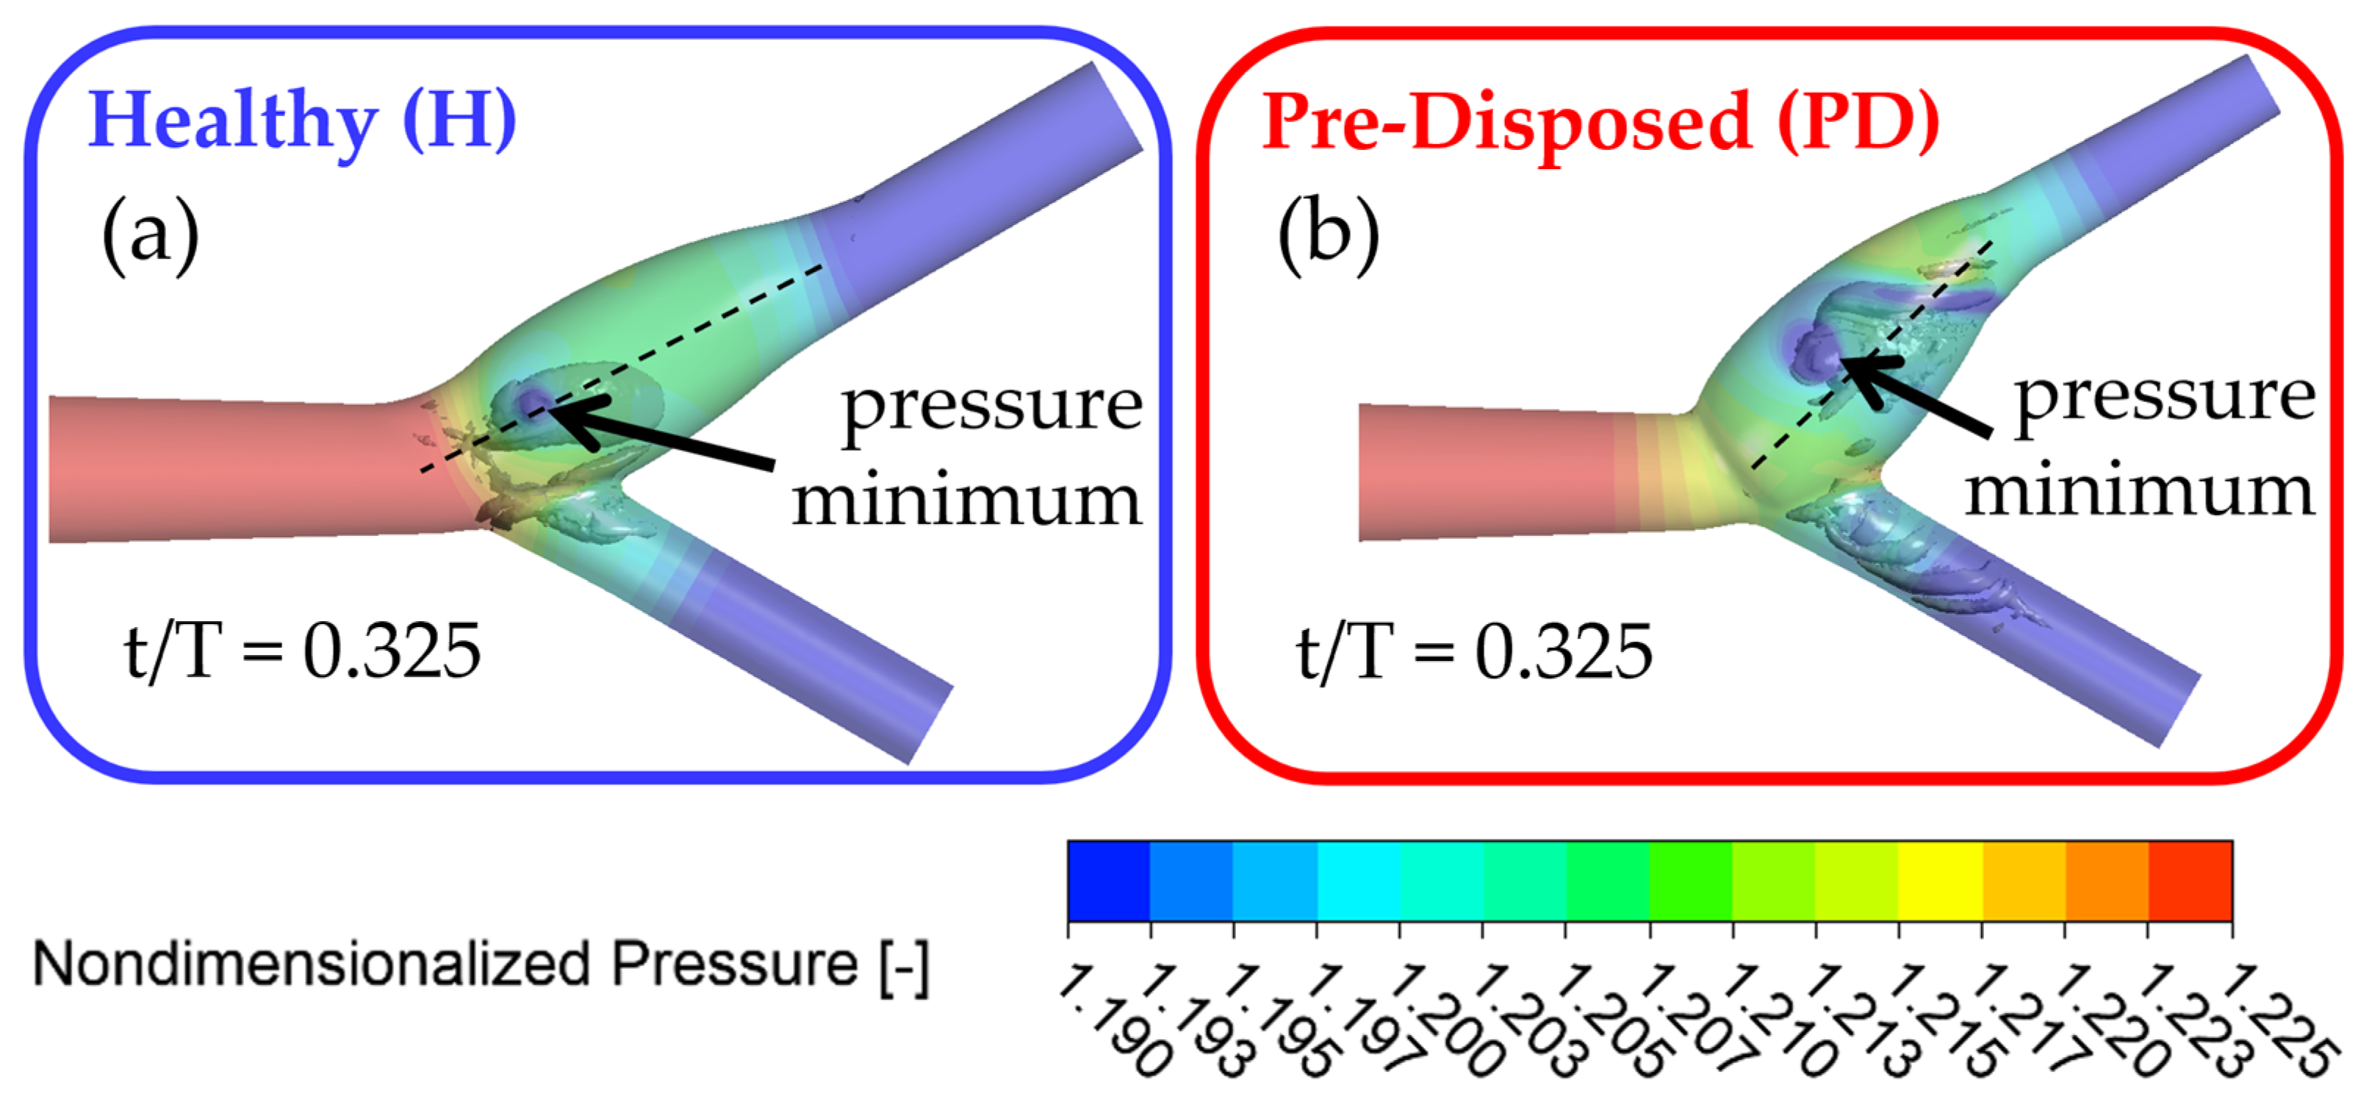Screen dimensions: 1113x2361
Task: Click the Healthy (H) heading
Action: coord(303,122)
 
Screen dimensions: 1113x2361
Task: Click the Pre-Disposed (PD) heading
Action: coord(1600,122)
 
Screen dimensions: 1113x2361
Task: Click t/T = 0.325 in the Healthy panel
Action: coord(303,651)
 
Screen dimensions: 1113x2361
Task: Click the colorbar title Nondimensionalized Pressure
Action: coord(481,965)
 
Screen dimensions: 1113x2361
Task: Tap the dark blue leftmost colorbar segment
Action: coord(1109,880)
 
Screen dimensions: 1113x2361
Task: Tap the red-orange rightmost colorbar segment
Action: coord(2190,880)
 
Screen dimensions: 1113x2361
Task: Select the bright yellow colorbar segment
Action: coord(1940,880)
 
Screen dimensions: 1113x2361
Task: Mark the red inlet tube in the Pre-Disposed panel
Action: coord(1485,472)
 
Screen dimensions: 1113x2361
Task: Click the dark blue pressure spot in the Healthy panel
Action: coord(531,401)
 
